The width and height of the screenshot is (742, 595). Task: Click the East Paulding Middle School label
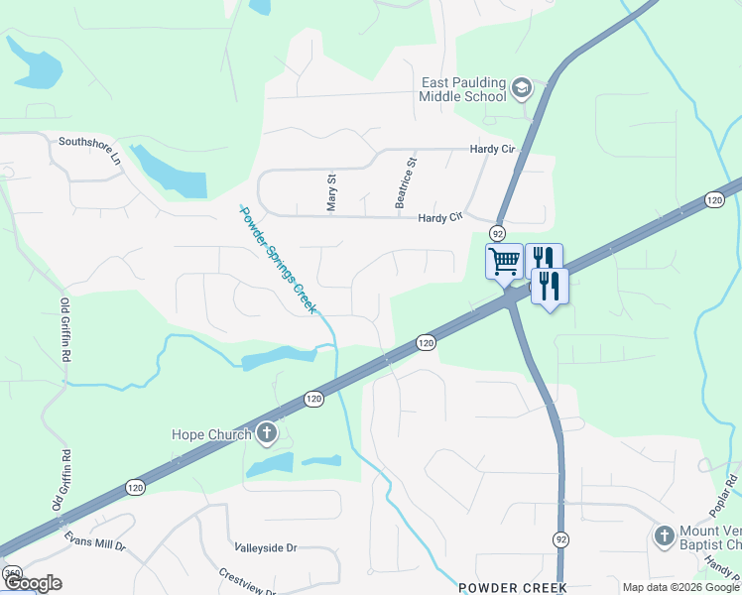click(x=462, y=89)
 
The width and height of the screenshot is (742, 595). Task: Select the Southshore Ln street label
click(x=88, y=149)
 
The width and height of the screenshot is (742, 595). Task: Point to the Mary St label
click(x=332, y=192)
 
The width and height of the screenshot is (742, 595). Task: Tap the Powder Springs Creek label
click(x=278, y=259)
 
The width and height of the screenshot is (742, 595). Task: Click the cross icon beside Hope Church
click(x=266, y=432)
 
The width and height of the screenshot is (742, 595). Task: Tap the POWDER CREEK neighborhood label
click(x=512, y=587)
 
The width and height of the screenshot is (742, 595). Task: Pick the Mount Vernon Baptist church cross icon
click(x=665, y=536)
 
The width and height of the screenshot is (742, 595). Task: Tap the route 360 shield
click(x=12, y=573)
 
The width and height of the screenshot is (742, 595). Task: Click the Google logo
click(x=32, y=583)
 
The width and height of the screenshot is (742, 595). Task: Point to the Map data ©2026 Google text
click(x=680, y=587)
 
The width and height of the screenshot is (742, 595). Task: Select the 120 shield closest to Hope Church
click(x=313, y=399)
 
